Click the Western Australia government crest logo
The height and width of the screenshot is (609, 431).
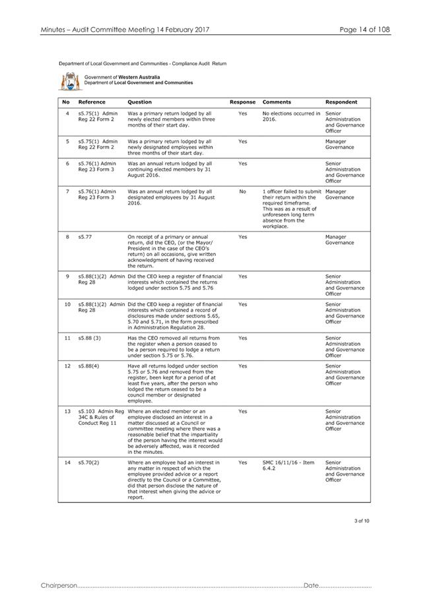tap(69, 81)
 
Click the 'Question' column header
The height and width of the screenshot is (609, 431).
tap(139, 102)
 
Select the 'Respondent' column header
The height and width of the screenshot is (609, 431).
tap(341, 102)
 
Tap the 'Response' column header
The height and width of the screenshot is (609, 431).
tap(242, 102)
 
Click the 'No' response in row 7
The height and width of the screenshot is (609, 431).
tap(242, 191)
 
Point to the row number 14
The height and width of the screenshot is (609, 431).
tap(67, 463)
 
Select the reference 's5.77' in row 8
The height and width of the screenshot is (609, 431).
tap(84, 236)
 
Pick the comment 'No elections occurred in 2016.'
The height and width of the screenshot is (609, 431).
tap(290, 116)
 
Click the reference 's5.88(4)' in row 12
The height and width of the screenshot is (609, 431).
tap(88, 366)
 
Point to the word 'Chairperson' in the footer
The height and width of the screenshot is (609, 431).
tap(59, 585)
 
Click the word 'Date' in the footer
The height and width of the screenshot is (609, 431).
tap(311, 585)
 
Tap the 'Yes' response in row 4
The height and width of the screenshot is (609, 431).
tap(242, 113)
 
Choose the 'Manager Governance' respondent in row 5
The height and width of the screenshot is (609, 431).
tap(340, 144)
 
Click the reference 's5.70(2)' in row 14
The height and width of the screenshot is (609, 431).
tap(88, 463)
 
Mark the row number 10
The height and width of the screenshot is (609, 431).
tap(67, 304)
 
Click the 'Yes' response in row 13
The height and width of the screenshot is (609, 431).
tap(242, 410)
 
